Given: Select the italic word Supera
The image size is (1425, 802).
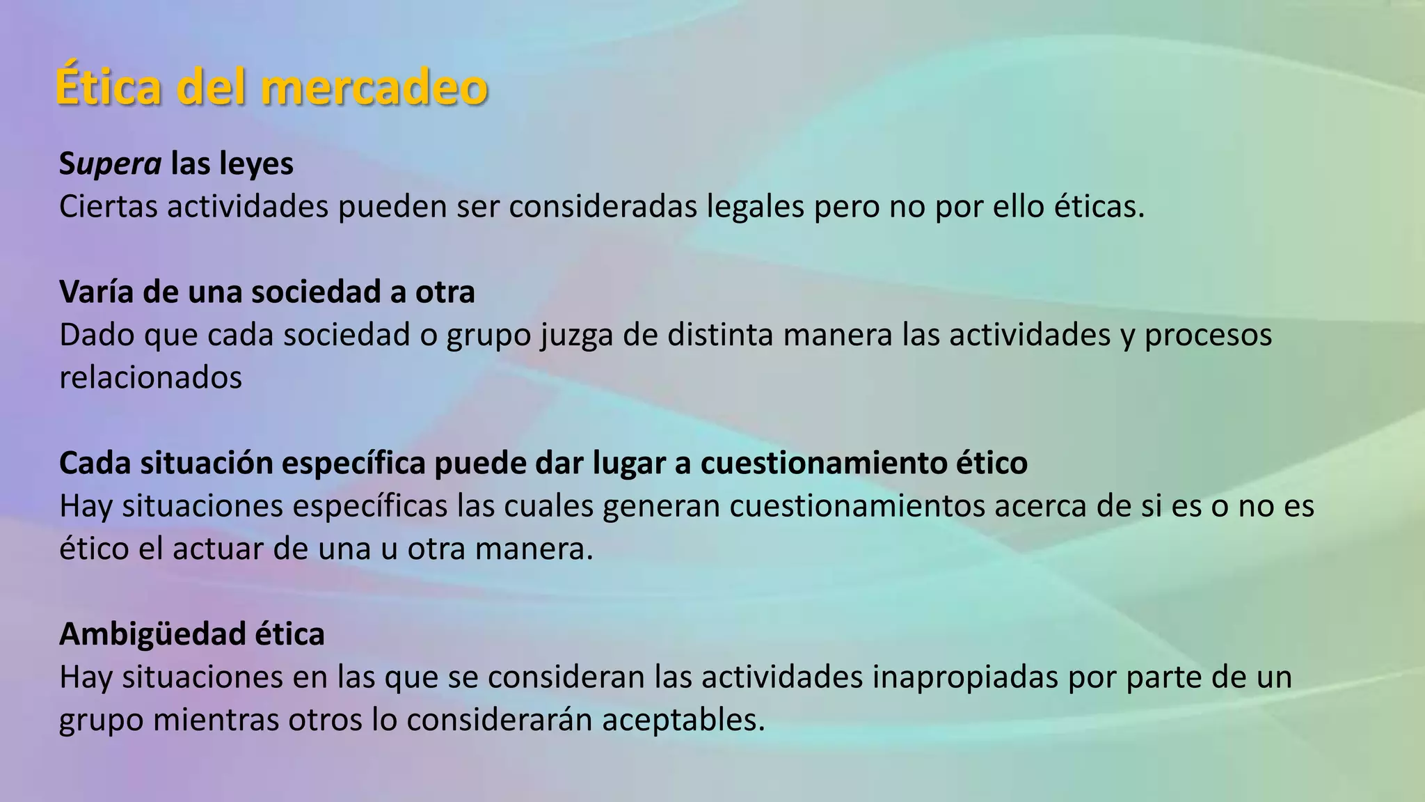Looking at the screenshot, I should tap(110, 165).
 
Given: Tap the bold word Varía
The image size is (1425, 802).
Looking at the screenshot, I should tap(97, 292).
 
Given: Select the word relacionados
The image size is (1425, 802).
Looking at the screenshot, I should tap(150, 378).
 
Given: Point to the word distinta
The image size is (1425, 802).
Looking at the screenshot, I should tap(720, 334).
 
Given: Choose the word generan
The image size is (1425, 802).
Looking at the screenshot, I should tap(661, 506).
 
